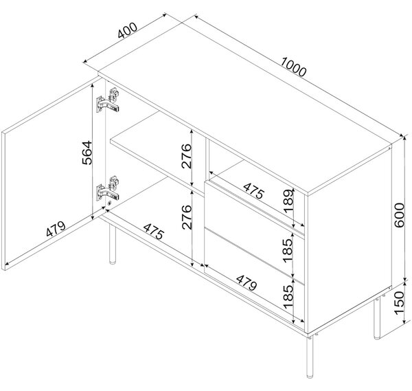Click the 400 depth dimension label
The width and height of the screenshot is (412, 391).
(128, 30)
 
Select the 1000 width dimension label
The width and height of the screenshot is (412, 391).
(293, 67)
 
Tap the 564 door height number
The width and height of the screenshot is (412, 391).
(87, 153)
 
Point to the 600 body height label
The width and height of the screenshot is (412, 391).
(399, 215)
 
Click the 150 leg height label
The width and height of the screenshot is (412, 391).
(398, 302)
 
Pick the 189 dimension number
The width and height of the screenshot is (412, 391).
(288, 201)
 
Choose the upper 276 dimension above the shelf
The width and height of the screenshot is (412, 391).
(186, 156)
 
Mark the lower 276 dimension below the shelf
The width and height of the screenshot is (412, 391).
(187, 217)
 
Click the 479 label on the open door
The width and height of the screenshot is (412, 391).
(56, 229)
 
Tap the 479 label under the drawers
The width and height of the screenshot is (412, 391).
(247, 283)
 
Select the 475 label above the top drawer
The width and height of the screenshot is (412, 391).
(253, 191)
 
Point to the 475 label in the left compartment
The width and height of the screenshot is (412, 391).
(154, 232)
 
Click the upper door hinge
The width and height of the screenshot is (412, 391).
(108, 100)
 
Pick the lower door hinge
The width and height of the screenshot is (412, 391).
(108, 188)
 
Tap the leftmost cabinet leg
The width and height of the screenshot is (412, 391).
(113, 244)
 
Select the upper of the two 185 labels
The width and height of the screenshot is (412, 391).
(288, 250)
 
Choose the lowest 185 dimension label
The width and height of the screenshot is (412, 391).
(288, 297)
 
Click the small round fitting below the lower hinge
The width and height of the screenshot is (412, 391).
(110, 203)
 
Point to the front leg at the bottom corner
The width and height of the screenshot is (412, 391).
(310, 357)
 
